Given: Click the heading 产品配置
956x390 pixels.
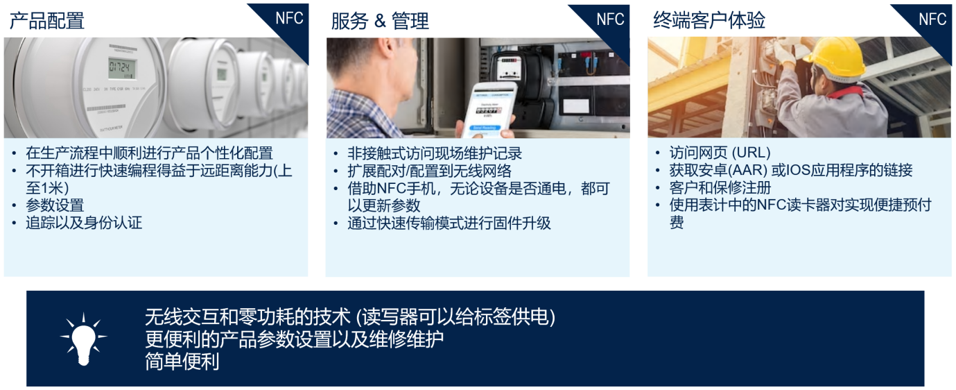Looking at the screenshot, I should [x=46, y=21].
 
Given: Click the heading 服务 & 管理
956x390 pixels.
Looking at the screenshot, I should [x=380, y=21].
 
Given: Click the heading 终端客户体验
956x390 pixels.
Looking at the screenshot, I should [x=709, y=21].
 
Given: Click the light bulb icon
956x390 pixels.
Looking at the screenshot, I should [x=83, y=339].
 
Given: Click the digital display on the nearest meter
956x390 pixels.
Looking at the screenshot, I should [x=121, y=67].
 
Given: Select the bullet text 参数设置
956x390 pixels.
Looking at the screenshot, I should [x=55, y=205].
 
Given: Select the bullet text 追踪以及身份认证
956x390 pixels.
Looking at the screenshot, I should [x=84, y=223].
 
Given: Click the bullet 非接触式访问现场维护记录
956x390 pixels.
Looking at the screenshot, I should [x=435, y=153].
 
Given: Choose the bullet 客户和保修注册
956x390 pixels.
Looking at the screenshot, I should [x=720, y=187].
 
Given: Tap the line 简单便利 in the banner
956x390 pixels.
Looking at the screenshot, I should [x=182, y=362].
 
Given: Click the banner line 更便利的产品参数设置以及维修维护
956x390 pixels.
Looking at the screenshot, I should [x=294, y=339].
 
